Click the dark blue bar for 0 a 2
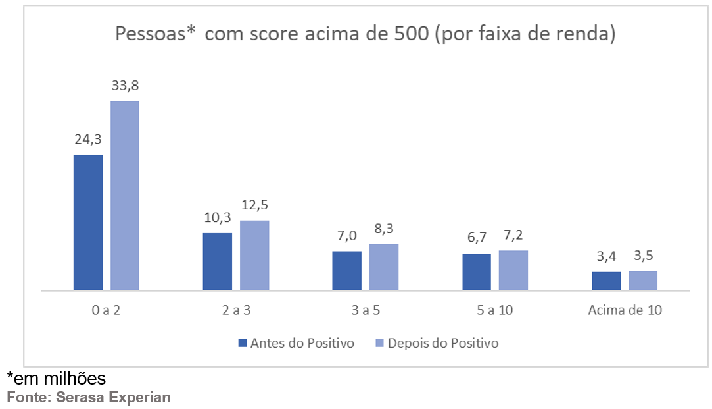point(88,222)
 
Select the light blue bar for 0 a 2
point(124,195)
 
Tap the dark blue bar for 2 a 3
point(218,261)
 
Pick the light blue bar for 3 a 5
point(384,267)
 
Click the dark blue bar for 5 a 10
point(477,271)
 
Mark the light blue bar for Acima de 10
point(643,280)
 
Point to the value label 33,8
point(125,86)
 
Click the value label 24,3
point(87,139)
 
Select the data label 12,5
point(254,204)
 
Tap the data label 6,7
point(476,238)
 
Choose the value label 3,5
point(643,256)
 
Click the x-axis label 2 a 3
point(236,310)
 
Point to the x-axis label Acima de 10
point(625,310)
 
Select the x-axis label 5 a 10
point(495,310)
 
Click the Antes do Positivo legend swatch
point(242,343)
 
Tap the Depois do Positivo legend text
point(443,343)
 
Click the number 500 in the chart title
point(413,34)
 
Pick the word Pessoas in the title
point(147,34)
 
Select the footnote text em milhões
point(59,379)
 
